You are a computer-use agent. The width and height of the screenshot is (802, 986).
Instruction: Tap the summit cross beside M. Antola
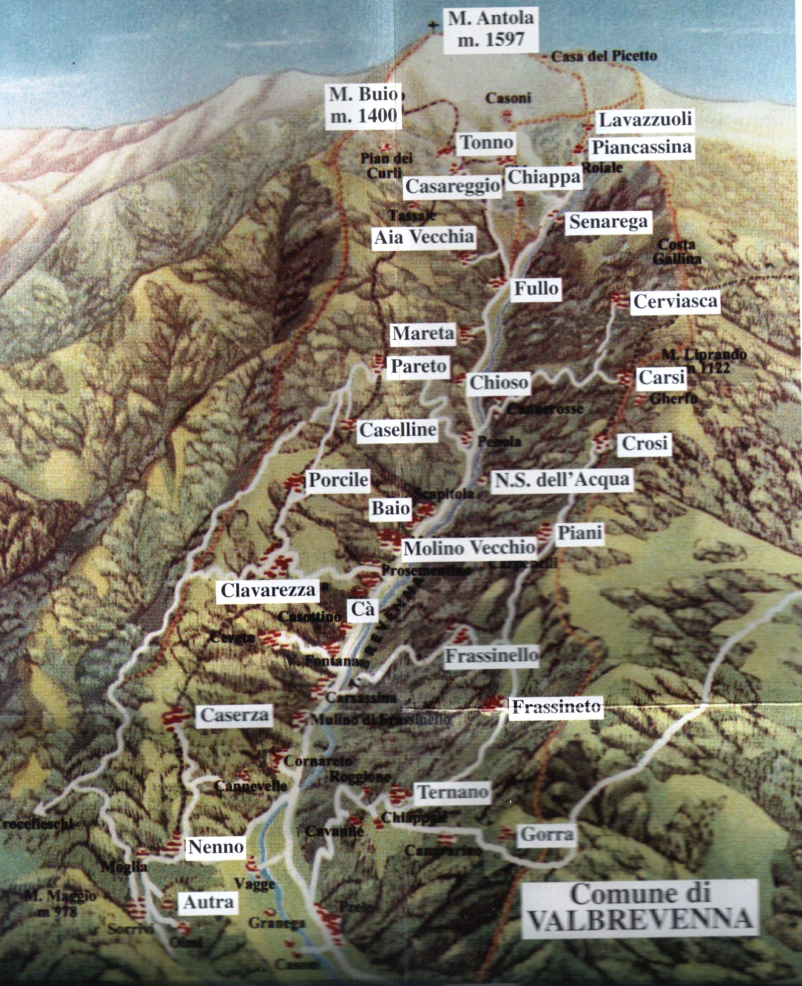(433, 26)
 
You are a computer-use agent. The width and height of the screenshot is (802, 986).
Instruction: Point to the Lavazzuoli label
(645, 120)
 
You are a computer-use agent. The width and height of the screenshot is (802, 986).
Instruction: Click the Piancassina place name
(642, 147)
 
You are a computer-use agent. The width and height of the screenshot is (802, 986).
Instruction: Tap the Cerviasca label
(675, 301)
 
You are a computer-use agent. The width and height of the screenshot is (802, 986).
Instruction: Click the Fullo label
(536, 288)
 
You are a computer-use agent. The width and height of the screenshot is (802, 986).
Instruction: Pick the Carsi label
(661, 378)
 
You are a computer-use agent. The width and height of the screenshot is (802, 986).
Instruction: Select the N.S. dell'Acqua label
(562, 480)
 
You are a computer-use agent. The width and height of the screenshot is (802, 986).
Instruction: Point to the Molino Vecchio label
(469, 548)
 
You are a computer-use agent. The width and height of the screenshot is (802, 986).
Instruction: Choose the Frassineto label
(556, 707)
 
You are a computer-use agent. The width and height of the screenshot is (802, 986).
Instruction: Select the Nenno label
(216, 847)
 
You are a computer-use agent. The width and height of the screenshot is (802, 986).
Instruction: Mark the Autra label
(208, 902)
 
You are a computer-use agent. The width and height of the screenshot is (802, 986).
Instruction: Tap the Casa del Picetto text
(604, 56)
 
